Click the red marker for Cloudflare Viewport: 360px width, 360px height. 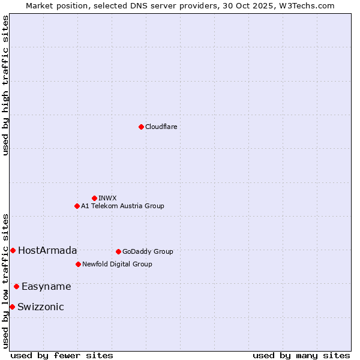coord(141,127)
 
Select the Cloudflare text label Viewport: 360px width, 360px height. coord(161,127)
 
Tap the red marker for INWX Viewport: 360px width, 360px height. coord(94,198)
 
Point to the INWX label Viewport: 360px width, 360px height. coord(108,198)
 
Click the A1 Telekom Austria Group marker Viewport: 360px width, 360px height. coord(77,206)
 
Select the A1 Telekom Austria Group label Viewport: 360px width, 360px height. coord(122,206)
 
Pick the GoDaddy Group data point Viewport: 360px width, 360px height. coord(118,251)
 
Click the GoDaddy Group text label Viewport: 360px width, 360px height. coord(148,252)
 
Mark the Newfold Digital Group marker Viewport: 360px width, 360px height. coord(78,264)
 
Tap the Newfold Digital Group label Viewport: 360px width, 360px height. coord(117,265)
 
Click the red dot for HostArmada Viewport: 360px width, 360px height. coord(13,250)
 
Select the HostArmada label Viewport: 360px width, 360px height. coord(47,251)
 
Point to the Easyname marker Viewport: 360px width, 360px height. coord(16,286)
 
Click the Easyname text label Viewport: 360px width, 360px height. coord(46,287)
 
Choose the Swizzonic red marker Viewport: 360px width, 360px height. coord(12,307)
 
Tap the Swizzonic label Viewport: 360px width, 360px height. coord(41,307)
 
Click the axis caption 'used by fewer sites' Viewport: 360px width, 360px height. coord(62,356)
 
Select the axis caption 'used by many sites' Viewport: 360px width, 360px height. coord(301,356)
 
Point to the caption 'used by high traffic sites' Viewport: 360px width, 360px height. coord(5,85)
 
